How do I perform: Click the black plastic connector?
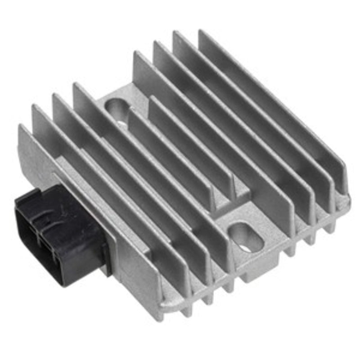click(58, 234)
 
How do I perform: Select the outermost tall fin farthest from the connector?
click(270, 103)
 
